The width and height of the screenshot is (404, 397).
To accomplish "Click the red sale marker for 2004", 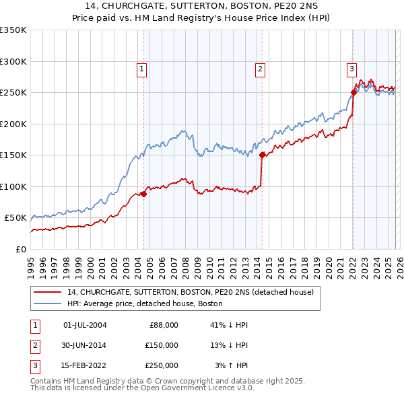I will pos(143,194).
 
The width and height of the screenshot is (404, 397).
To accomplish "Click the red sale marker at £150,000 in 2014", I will pos(262,155).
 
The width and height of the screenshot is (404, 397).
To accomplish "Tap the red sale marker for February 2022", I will pos(353,92).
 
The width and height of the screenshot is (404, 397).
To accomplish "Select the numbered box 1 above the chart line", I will pos(142,68).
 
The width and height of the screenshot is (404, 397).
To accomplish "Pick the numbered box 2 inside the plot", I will pos(260,68).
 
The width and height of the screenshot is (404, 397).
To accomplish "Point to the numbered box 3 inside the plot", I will pos(351,68).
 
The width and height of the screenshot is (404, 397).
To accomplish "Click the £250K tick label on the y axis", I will pos(13,93).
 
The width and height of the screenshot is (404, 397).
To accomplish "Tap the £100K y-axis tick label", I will pos(13,186).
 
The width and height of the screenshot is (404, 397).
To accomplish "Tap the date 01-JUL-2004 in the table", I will pos(85,325).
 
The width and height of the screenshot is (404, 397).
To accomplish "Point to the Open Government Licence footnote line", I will pos(143,388).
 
